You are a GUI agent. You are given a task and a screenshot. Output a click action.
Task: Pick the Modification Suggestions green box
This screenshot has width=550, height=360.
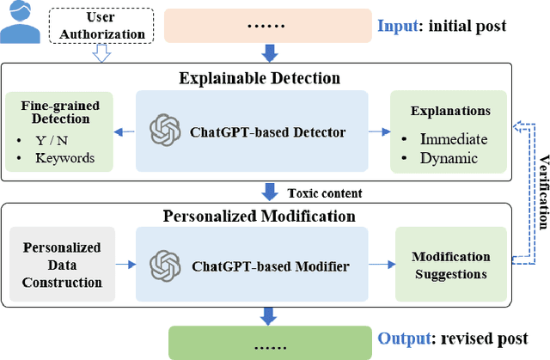pyautogui.click(x=450, y=265)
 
